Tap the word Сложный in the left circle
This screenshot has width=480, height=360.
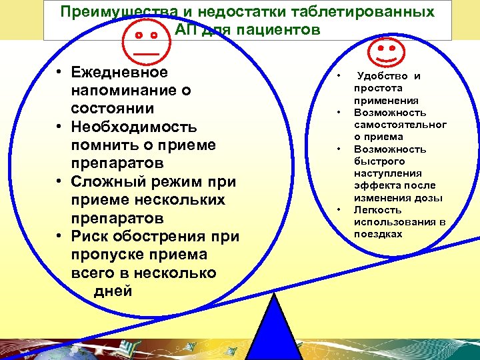point(111,181)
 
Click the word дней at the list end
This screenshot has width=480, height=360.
point(113,291)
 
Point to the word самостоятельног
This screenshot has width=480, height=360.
point(400,125)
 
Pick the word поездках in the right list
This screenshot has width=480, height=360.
point(378,234)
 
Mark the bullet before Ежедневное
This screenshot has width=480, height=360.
point(59,72)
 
